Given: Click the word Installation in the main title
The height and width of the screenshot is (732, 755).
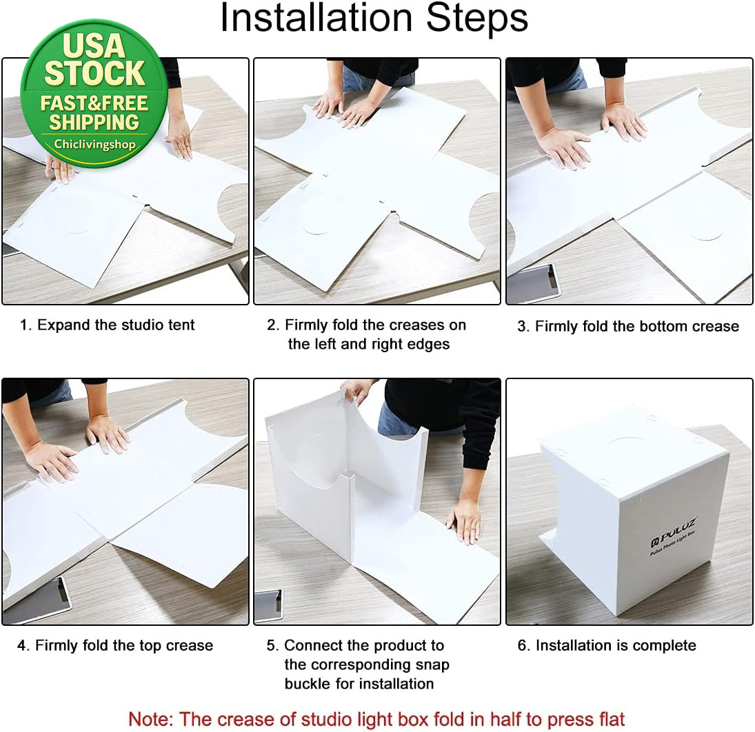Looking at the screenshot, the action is (316, 18).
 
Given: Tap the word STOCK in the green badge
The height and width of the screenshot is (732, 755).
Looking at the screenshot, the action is (95, 73).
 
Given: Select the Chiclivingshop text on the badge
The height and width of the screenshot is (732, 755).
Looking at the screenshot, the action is (95, 144).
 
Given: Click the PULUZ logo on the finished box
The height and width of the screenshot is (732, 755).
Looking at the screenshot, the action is (674, 533).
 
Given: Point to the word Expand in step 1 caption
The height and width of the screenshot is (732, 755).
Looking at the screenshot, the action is (64, 325).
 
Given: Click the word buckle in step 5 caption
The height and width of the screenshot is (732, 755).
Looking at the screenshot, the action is (309, 683).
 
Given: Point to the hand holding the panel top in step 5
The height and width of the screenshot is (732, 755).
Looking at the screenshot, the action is (356, 390).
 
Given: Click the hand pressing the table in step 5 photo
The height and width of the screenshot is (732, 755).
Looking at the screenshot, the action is (465, 520).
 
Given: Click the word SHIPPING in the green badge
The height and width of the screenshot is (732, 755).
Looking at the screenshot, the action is (94, 122).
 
